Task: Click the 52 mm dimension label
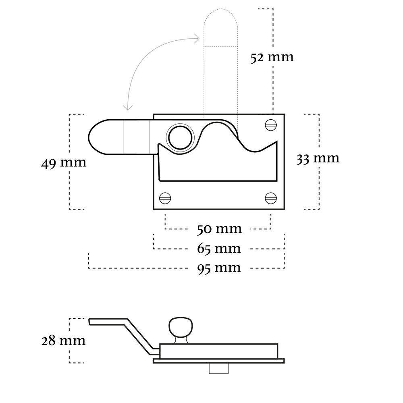(272, 58)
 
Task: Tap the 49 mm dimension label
(63, 163)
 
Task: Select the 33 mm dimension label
(318, 158)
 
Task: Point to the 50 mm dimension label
(219, 229)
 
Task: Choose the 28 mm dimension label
(63, 341)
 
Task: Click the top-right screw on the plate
(270, 125)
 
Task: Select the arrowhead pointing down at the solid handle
(128, 107)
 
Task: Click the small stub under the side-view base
(219, 369)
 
